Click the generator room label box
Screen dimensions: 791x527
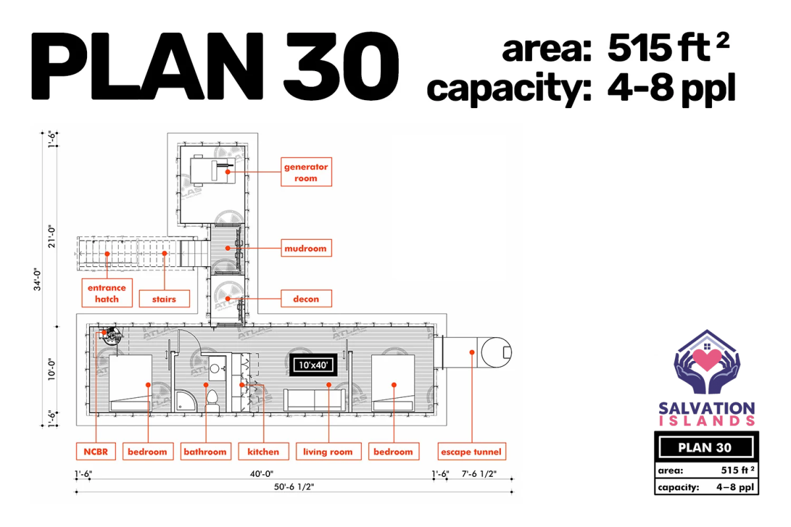(x=306, y=172)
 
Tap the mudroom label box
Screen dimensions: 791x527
(x=306, y=248)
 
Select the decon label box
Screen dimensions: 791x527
(x=306, y=298)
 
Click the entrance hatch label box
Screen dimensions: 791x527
(x=107, y=293)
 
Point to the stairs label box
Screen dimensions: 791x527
(x=164, y=298)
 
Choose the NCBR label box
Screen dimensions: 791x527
(x=96, y=451)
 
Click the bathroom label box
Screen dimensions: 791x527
(x=206, y=451)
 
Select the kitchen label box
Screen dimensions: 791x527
(x=264, y=451)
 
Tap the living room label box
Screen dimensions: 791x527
(x=328, y=451)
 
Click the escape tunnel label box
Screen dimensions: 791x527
(x=472, y=451)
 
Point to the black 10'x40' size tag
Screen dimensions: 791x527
(x=314, y=365)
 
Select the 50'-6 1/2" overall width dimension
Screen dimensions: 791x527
(x=294, y=487)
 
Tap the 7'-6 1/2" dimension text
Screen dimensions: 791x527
(x=479, y=474)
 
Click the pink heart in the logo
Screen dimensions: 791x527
(x=707, y=359)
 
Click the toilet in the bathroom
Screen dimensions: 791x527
(x=212, y=401)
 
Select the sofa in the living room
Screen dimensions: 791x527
(x=314, y=400)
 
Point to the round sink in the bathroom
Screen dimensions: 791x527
(x=214, y=369)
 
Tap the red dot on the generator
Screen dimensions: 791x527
(x=228, y=172)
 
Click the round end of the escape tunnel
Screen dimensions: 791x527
(x=496, y=352)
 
